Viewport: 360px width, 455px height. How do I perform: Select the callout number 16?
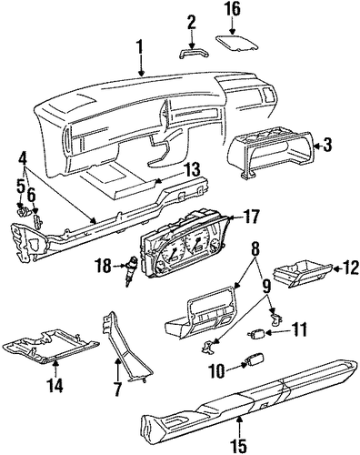tap(232, 9)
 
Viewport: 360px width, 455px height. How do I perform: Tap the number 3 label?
tap(327, 145)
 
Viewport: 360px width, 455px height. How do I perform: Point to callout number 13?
tap(192, 170)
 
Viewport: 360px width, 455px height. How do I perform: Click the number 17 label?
tap(250, 217)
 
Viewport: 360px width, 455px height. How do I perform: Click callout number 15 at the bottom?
tap(241, 445)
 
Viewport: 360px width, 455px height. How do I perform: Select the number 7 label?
tap(117, 389)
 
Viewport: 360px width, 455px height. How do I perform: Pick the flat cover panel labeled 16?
tap(237, 44)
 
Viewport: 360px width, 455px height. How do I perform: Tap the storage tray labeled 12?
tap(303, 273)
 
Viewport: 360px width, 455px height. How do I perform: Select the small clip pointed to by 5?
tap(22, 209)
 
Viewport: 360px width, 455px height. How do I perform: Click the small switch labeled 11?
tap(256, 335)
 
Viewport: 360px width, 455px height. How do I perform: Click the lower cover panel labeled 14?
tap(51, 346)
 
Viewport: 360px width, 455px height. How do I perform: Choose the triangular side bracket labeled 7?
tap(124, 345)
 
